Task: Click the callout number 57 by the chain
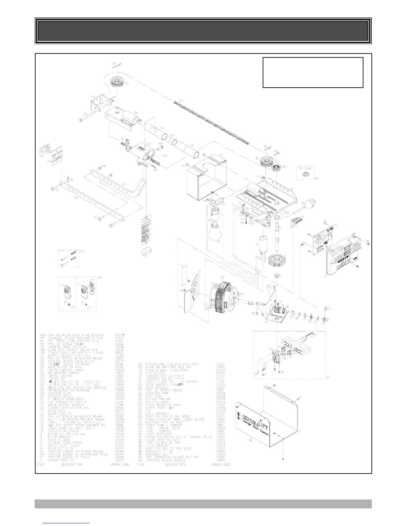pos(181,101)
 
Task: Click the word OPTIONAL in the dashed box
pos(305,168)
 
